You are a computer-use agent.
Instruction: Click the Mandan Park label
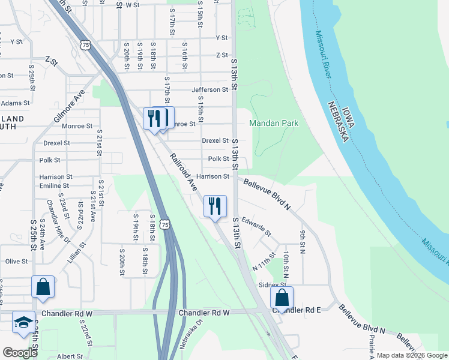[x=274, y=123]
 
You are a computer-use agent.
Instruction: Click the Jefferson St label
[x=210, y=90]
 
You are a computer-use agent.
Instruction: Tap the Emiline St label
[x=55, y=186]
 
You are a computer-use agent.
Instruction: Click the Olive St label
[x=17, y=262]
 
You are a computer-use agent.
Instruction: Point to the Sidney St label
[x=272, y=285]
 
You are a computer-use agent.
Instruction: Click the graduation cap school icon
[x=24, y=323]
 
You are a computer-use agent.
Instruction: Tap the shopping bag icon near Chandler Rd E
[x=282, y=297]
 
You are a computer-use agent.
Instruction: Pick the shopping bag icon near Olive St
[x=43, y=286]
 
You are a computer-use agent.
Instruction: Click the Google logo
[x=20, y=353]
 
